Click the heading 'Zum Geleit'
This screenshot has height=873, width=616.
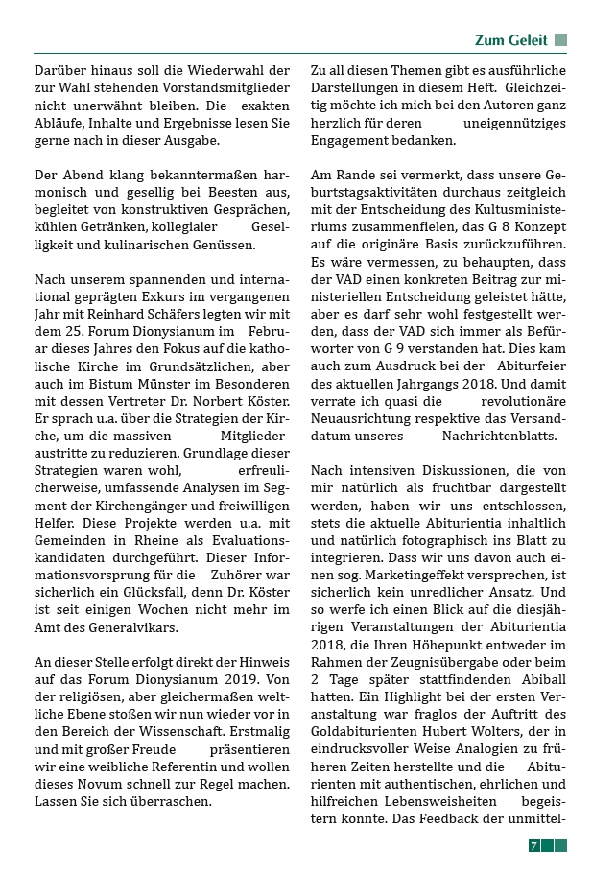click(x=511, y=40)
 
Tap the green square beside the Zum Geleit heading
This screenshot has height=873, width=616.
click(x=561, y=40)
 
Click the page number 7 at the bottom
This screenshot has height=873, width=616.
click(x=534, y=845)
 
